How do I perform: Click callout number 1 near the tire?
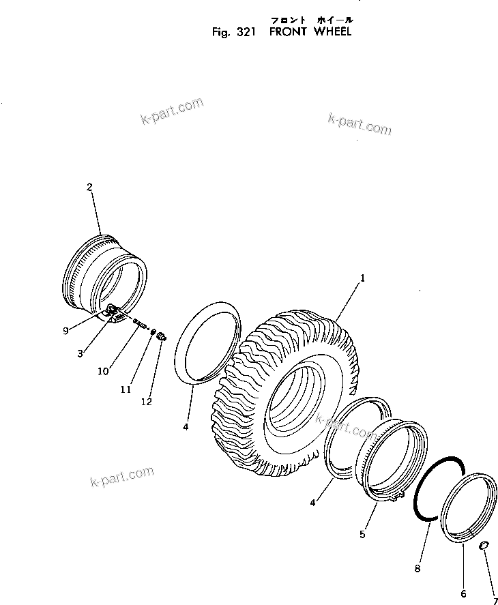(363, 278)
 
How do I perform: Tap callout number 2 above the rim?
(89, 186)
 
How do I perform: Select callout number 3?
(80, 353)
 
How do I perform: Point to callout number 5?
(363, 534)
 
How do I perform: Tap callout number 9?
(65, 331)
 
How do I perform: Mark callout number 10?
(103, 371)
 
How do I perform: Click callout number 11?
(126, 389)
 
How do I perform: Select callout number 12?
(147, 402)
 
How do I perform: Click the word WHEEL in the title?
(333, 31)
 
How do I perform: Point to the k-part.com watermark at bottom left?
(122, 477)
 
